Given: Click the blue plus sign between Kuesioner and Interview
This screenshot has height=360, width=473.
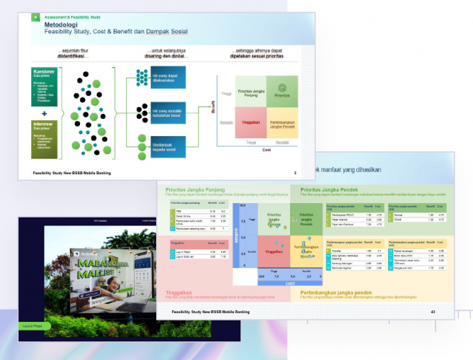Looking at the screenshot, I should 44,113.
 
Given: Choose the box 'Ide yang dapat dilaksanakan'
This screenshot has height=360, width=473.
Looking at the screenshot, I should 168,78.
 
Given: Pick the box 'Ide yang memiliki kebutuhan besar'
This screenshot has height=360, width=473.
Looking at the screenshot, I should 168,112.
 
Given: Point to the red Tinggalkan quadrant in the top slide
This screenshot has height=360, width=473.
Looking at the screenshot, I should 251,122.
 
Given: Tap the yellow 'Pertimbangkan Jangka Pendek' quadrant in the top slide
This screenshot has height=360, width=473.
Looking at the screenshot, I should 281,124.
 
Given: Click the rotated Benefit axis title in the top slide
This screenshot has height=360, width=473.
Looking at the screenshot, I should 213,107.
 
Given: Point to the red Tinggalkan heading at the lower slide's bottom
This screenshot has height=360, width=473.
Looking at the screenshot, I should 181,293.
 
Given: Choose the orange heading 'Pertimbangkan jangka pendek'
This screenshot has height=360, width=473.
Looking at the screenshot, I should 337,293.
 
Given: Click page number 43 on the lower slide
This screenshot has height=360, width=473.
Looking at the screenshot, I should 433,312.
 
